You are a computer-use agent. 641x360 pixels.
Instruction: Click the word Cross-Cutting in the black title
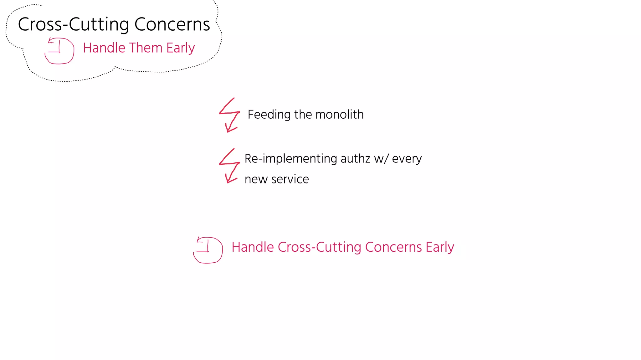point(74,24)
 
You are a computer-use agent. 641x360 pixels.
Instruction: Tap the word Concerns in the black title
point(172,24)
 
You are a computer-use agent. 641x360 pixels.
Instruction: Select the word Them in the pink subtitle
point(146,48)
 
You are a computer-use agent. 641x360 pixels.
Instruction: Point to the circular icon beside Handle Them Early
point(59,50)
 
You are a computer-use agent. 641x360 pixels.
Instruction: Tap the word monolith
point(340,115)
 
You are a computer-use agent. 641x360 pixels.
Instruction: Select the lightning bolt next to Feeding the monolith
point(229,115)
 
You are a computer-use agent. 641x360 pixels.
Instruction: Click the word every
point(407,159)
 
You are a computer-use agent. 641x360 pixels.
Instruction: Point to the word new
point(256,179)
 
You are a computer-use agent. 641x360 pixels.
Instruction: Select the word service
point(290,179)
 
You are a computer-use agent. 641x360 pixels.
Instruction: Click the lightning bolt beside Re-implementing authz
point(229,166)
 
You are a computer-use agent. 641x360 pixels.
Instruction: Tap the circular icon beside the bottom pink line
point(208,250)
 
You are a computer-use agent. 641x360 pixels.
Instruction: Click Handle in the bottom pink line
point(253,247)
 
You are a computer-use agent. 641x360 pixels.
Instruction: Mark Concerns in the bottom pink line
point(393,247)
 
